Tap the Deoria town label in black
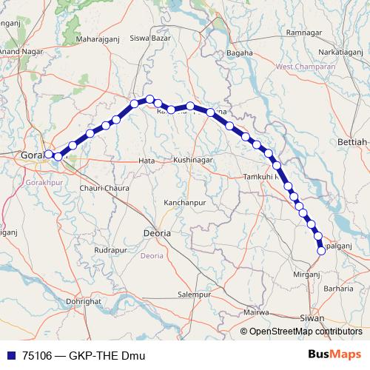pos(156,232)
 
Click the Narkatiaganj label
pos(341,53)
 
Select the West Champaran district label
pos(305,67)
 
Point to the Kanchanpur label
pos(184,201)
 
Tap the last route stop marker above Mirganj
pos(321,251)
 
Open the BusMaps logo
pos(334,354)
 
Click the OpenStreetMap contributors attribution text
pos(306,332)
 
